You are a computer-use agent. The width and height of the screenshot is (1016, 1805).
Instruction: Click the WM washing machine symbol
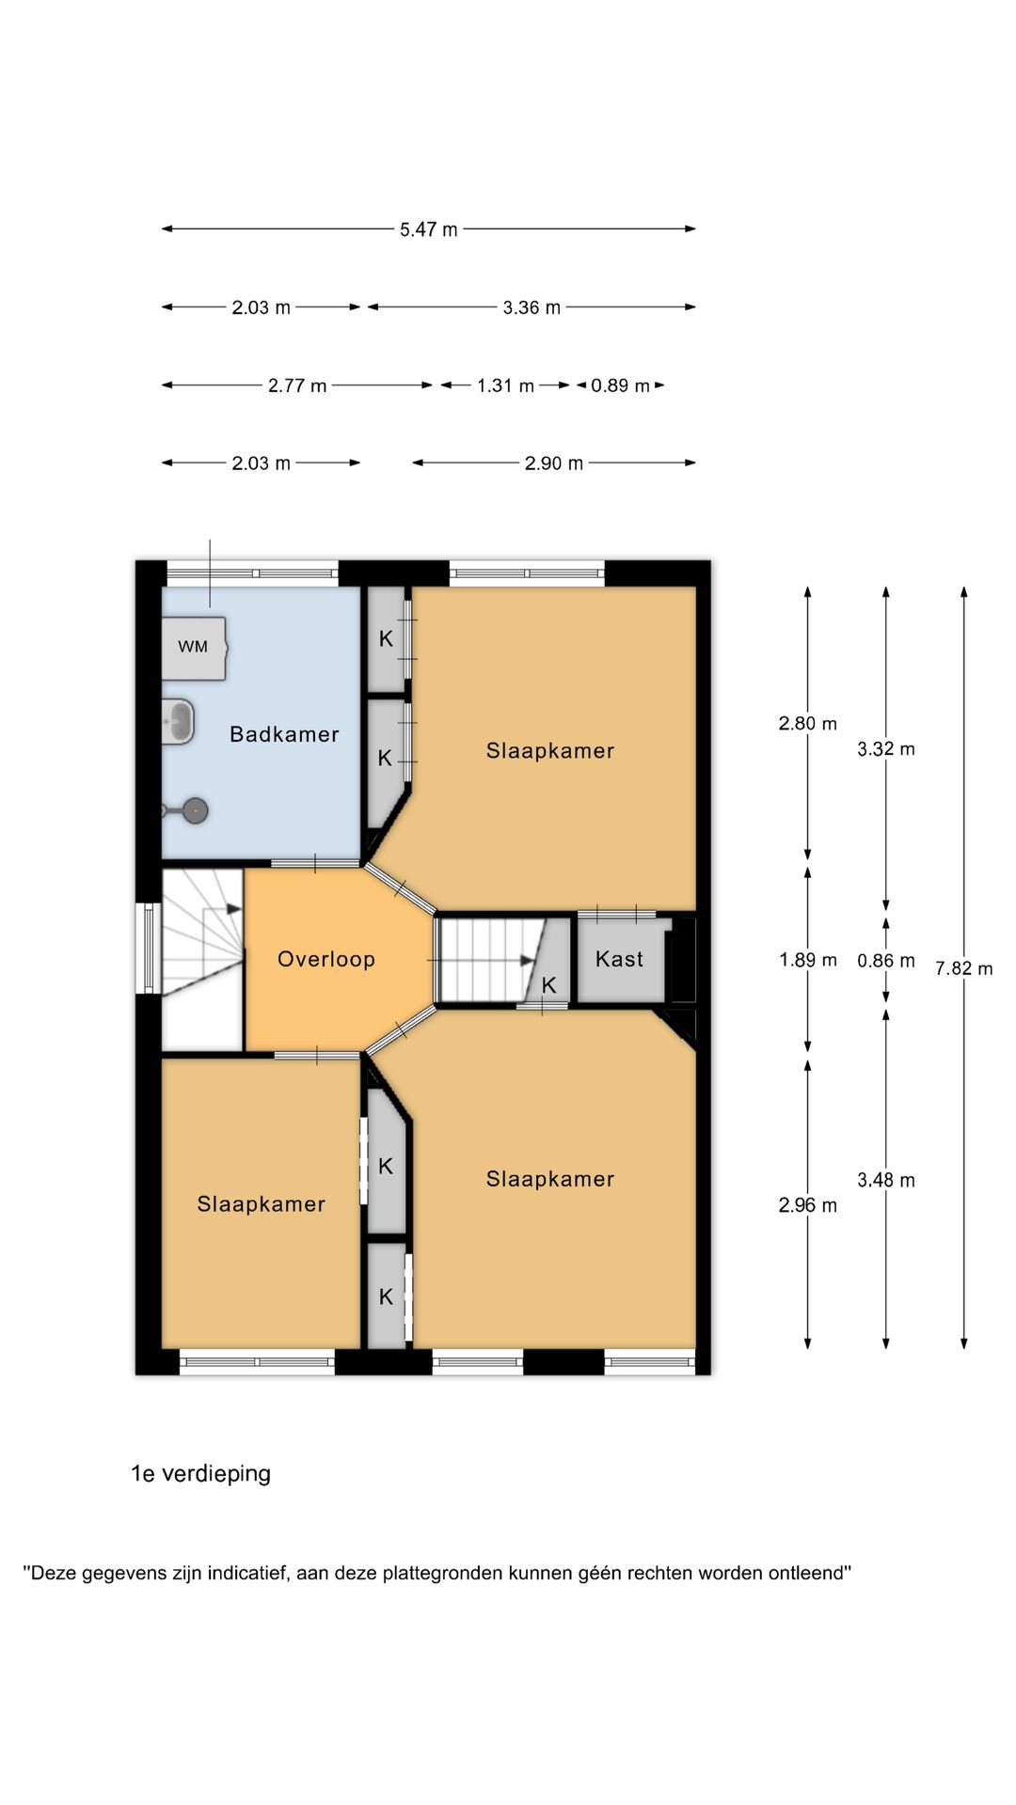click(x=194, y=647)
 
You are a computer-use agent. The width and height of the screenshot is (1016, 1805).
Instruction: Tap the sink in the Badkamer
click(x=179, y=722)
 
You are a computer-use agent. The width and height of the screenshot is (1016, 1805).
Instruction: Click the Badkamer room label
click(x=284, y=734)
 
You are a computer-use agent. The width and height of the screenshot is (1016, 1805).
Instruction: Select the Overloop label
click(x=326, y=959)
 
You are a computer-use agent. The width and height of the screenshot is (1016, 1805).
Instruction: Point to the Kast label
click(x=619, y=959)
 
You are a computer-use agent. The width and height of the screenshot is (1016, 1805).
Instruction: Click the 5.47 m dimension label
click(x=429, y=229)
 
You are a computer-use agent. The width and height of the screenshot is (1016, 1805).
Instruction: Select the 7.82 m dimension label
click(x=964, y=968)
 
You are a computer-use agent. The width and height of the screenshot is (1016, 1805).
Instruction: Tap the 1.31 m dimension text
click(x=506, y=385)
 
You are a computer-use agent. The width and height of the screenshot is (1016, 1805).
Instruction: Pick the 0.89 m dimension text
click(x=620, y=385)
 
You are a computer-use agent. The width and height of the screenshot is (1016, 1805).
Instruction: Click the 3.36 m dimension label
click(x=532, y=307)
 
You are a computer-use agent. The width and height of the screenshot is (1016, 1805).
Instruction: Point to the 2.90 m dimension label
click(x=554, y=463)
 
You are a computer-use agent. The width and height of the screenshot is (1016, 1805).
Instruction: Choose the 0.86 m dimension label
click(x=886, y=961)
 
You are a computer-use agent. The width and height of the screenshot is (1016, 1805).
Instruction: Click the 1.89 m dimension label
click(x=808, y=960)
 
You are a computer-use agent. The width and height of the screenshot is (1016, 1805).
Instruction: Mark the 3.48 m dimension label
click(x=886, y=1180)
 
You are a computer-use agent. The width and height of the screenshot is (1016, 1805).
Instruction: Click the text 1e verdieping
click(x=200, y=1473)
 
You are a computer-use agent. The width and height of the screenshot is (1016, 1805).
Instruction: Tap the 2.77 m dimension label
click(x=297, y=385)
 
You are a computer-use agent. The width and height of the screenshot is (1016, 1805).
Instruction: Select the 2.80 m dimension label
click(x=808, y=724)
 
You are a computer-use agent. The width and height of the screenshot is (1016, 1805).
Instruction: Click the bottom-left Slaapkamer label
click(x=262, y=1204)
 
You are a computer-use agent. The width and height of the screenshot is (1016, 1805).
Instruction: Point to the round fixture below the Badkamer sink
click(x=195, y=809)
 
